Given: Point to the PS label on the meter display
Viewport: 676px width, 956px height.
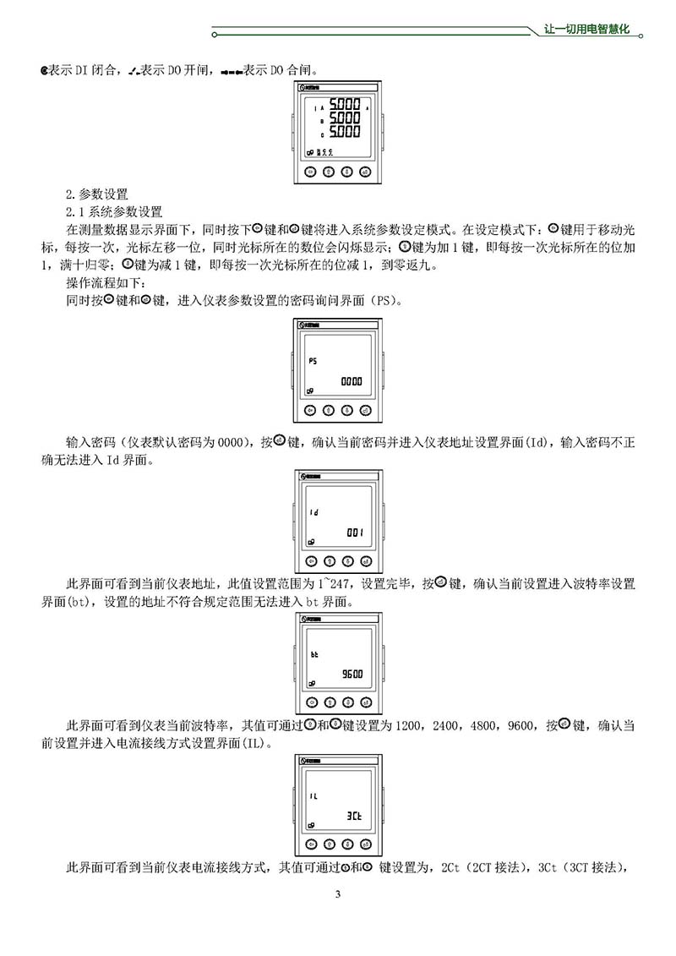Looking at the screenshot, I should [312, 361].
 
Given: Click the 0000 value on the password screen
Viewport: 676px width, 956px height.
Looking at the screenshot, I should [351, 382].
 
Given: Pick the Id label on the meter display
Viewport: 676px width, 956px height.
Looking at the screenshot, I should [312, 512].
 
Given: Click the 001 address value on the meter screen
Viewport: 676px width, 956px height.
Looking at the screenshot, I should [353, 533].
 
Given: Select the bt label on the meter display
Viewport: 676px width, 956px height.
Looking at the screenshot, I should [313, 653].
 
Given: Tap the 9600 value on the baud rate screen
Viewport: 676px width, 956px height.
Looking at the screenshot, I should [352, 675].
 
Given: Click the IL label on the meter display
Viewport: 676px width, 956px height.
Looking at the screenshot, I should [313, 795].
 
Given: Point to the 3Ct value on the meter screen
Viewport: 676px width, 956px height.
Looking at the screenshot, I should [354, 816].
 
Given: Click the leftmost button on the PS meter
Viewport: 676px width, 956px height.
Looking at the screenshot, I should [310, 411].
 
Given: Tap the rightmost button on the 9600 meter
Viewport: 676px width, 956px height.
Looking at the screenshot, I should [365, 702].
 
